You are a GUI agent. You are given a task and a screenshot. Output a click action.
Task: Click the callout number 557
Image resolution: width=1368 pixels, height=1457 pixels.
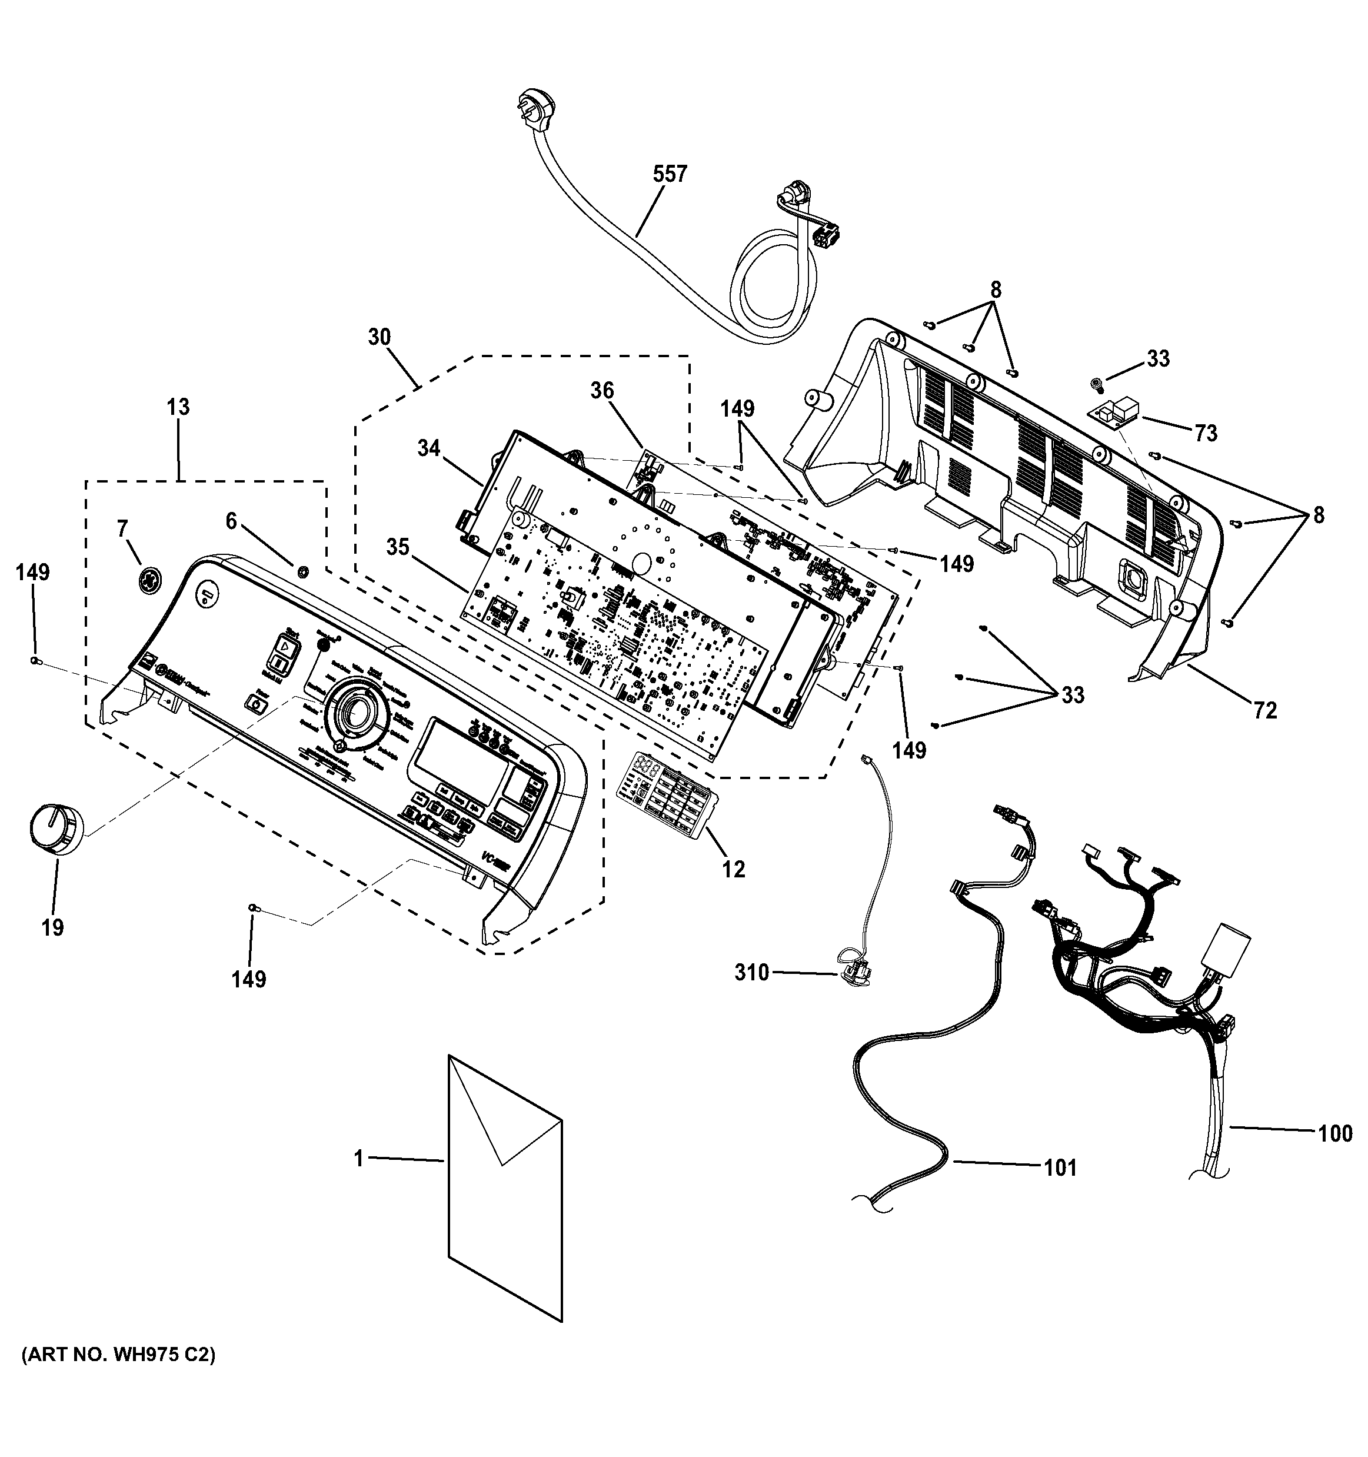(670, 174)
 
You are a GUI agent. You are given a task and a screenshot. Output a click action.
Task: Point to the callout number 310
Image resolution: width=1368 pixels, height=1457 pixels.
(752, 973)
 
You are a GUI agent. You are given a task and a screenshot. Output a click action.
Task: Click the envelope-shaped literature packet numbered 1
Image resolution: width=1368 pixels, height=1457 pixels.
(504, 1187)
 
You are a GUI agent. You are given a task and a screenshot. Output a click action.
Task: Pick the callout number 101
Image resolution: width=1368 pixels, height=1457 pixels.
(1060, 1167)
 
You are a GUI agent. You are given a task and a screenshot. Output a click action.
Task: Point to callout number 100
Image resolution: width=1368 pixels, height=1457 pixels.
(1335, 1133)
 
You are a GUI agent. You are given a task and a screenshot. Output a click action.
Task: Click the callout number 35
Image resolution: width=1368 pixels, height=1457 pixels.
(397, 547)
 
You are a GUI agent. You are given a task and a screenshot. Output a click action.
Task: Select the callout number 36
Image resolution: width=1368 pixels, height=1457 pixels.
(603, 391)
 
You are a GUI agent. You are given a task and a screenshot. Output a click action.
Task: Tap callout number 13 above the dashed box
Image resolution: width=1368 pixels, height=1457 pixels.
(178, 406)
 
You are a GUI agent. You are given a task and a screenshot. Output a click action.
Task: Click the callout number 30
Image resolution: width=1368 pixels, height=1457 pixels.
(379, 337)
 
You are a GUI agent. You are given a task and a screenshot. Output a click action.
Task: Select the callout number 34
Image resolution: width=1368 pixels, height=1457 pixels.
(429, 447)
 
